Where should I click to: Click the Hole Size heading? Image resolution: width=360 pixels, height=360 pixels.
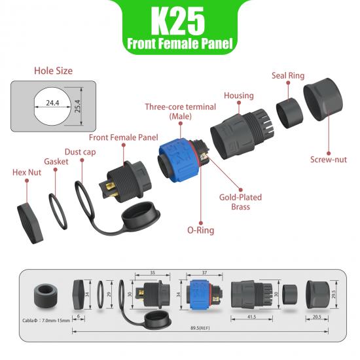[53, 71]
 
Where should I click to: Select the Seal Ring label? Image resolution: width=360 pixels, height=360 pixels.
[288, 76]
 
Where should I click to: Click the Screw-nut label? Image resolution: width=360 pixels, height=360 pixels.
[329, 160]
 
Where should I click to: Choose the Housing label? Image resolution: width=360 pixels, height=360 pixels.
[238, 96]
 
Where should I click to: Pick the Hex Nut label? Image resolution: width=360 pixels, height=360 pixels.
[27, 173]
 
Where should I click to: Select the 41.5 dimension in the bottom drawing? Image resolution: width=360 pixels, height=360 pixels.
[251, 316]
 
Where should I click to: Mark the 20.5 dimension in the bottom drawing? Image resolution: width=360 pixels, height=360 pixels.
[317, 316]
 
